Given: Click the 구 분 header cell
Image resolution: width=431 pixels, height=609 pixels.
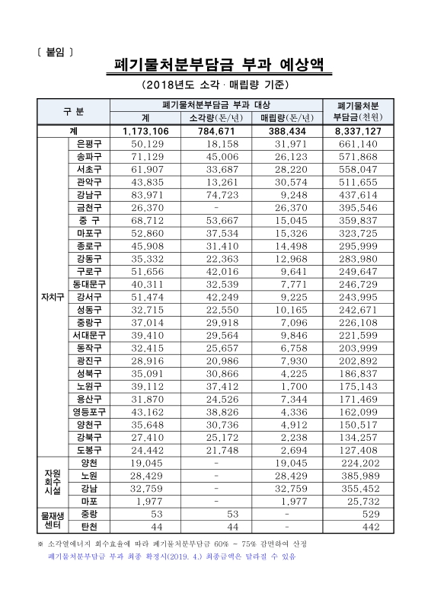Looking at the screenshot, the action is (74, 111).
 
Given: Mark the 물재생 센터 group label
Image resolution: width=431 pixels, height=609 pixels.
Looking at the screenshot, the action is (53, 520).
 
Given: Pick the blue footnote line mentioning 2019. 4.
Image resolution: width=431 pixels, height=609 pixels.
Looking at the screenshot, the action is (171, 556).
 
